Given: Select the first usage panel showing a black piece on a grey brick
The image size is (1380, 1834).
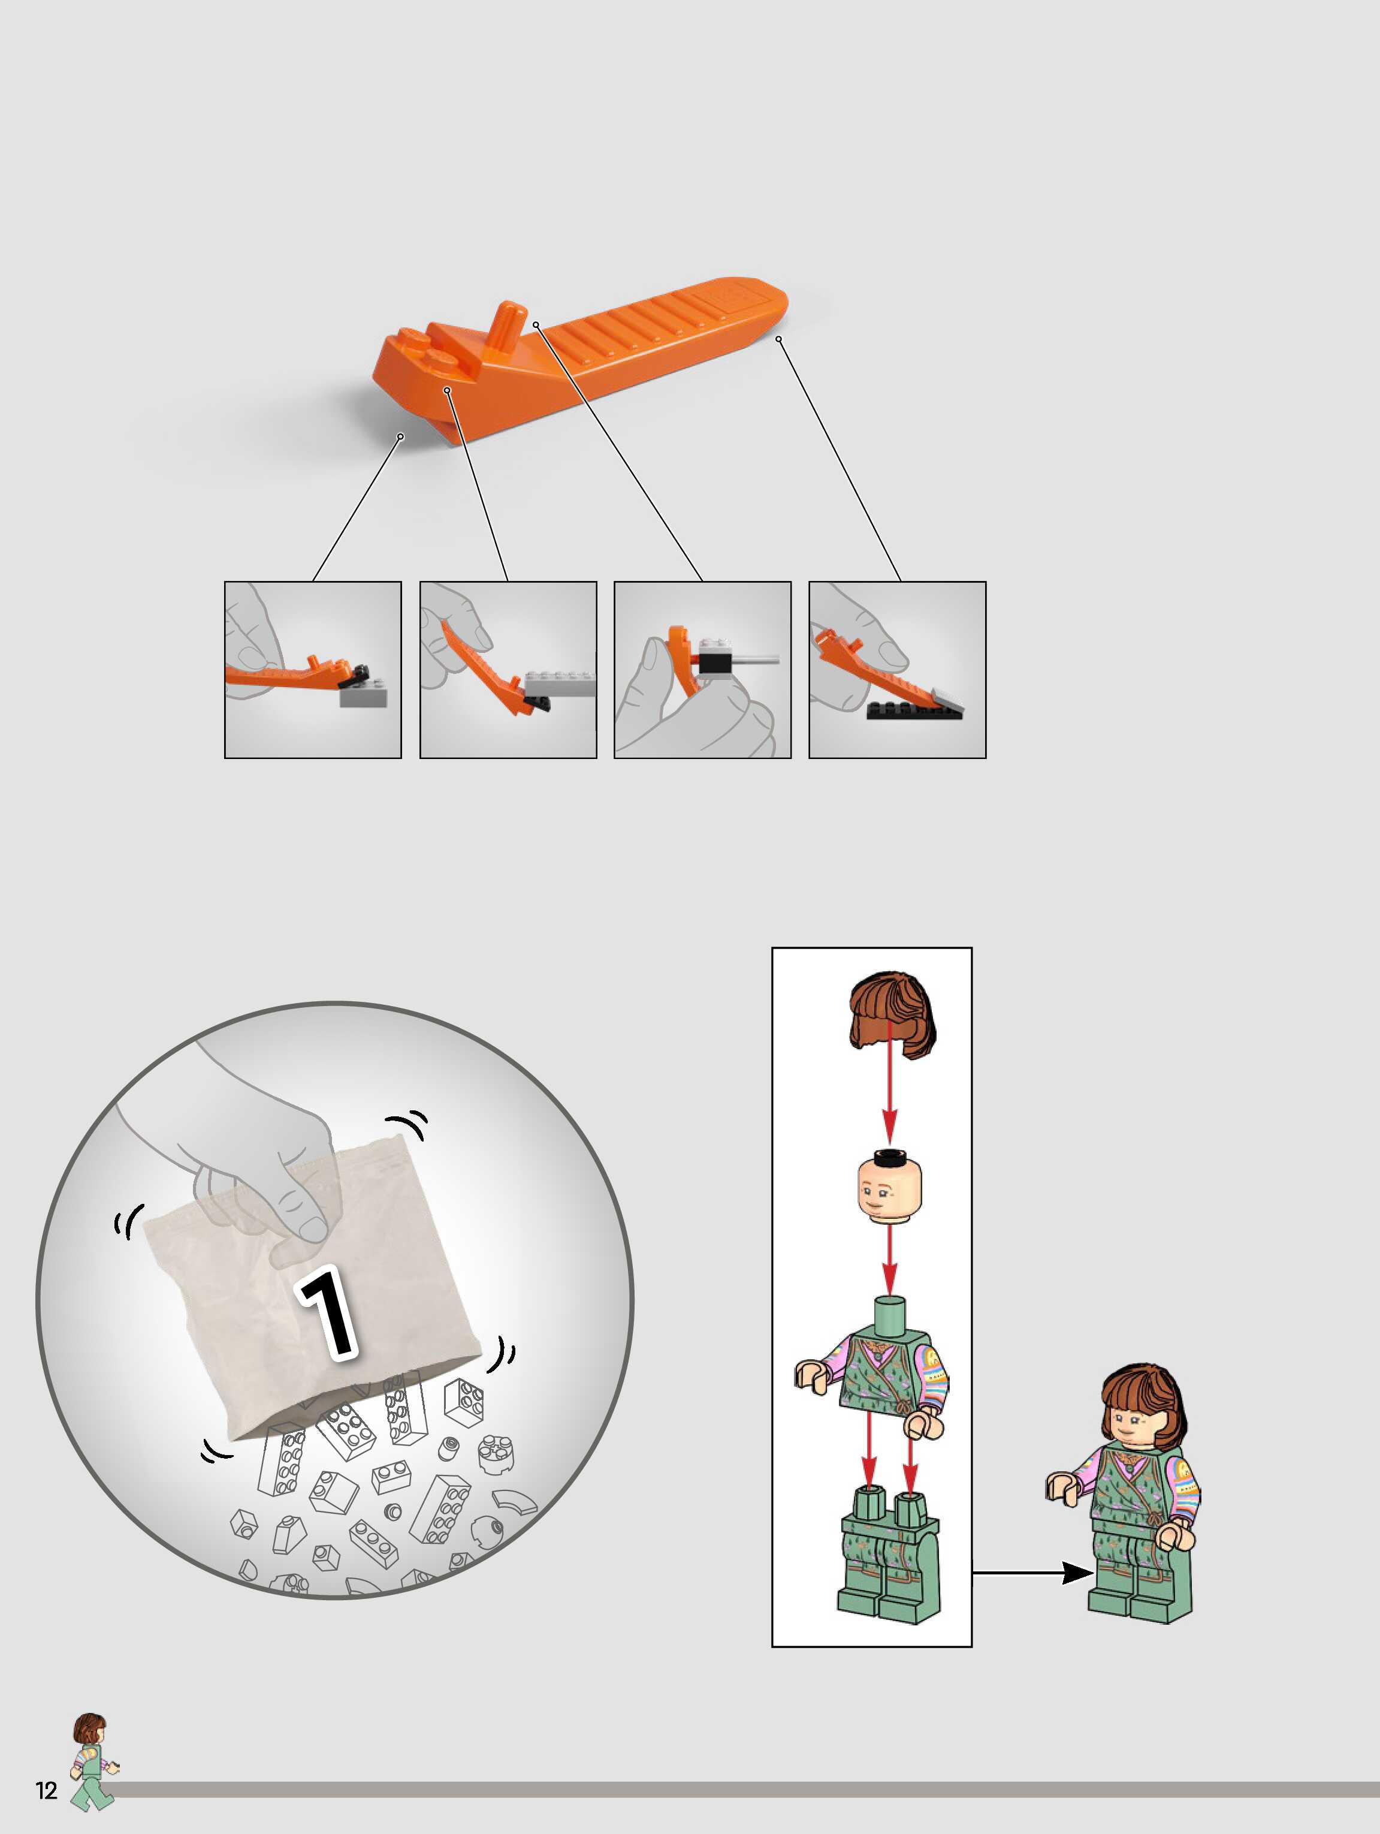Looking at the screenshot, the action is click(x=312, y=669).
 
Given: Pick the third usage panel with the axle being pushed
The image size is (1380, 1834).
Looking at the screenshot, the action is click(x=702, y=669).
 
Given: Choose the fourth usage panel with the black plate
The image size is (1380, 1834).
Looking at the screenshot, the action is click(x=897, y=669).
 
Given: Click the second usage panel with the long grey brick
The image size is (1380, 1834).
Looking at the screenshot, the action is click(x=508, y=669).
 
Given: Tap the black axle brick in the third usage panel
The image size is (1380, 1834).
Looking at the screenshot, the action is click(x=713, y=661).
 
